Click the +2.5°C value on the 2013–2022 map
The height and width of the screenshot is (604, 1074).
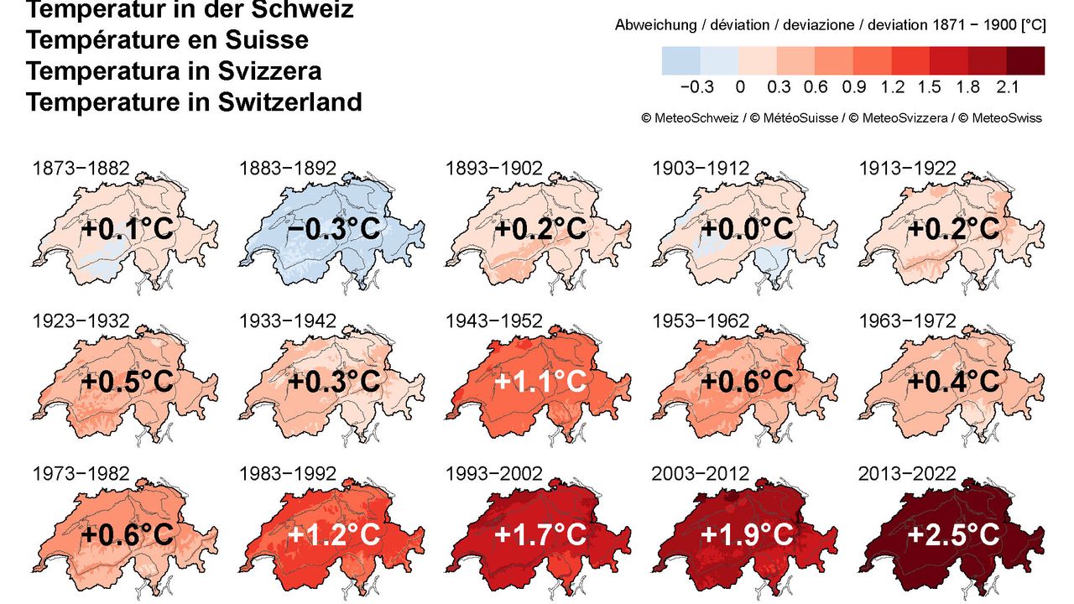coord(954,534)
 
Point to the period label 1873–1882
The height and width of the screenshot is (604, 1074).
coord(81,169)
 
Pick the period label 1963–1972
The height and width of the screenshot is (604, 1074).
coord(907,321)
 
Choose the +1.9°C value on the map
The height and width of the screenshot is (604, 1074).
coord(748,534)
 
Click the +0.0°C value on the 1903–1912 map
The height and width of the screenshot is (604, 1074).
coord(748,229)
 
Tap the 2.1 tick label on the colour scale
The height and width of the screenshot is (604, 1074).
coord(1007,87)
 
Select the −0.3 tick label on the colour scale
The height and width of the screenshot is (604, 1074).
coord(697,87)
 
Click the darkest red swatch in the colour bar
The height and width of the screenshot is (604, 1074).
coord(1025,60)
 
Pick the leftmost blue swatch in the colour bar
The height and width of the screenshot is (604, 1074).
coord(680,60)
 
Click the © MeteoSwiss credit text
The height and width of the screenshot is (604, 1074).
coord(1000,118)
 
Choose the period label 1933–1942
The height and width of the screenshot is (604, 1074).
coord(288,321)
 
